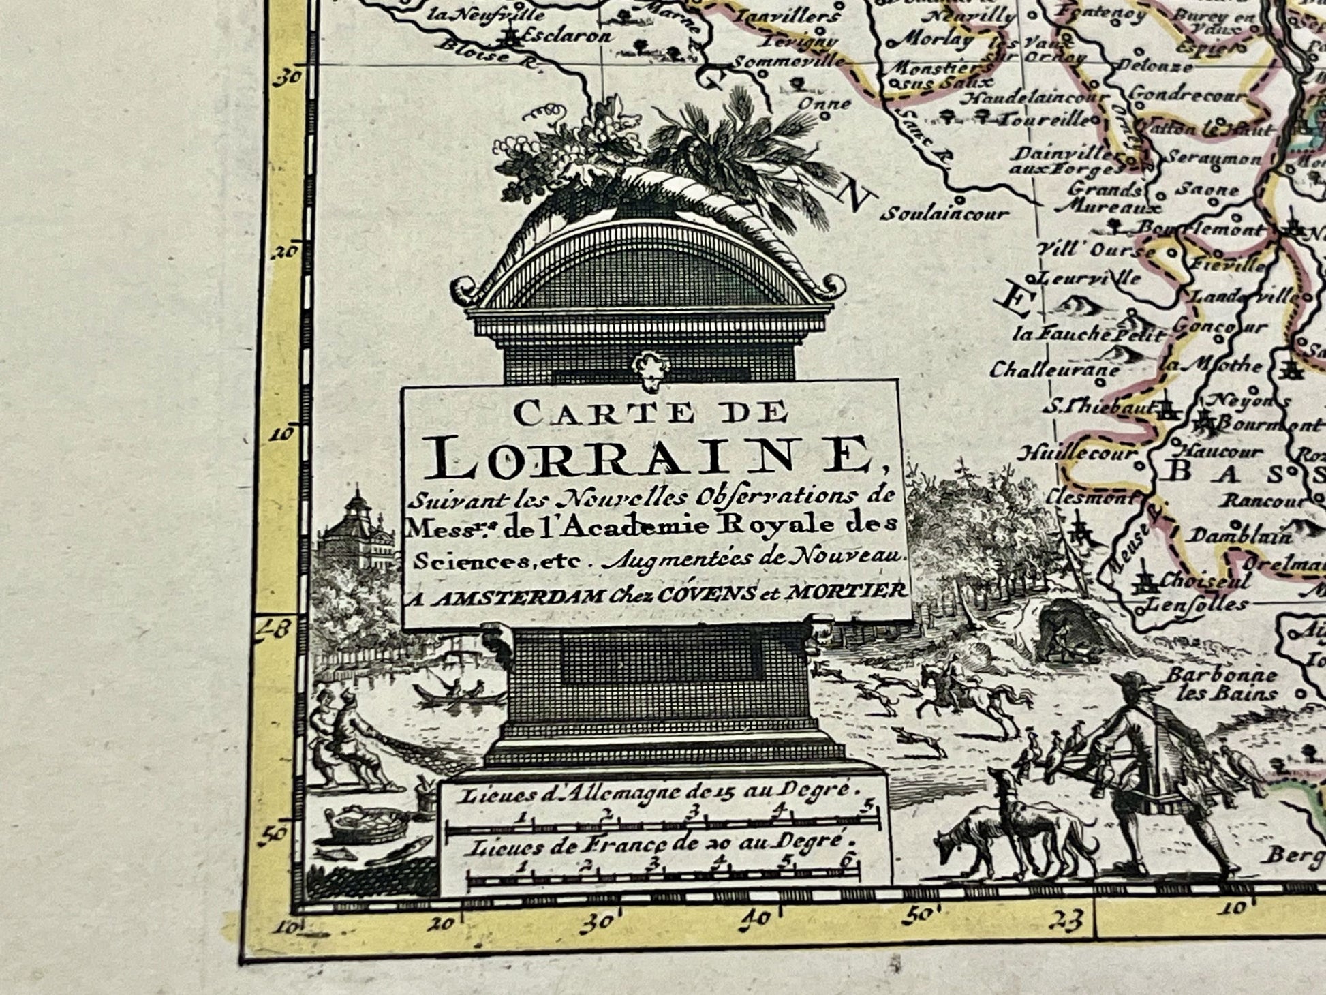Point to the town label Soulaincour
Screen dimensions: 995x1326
[x=944, y=214]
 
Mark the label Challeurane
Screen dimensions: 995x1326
[x=1054, y=371]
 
